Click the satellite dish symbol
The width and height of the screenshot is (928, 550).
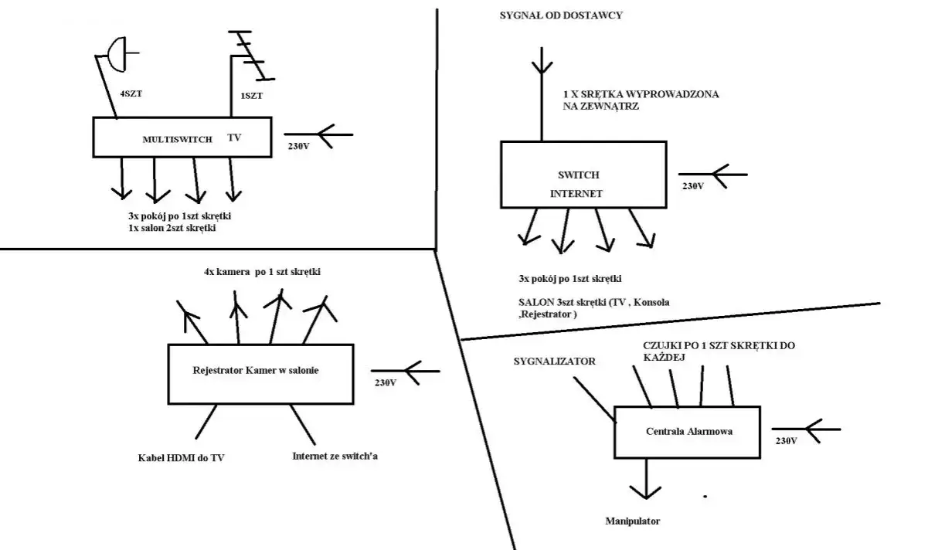tap(117, 53)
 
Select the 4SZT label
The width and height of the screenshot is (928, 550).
tap(131, 93)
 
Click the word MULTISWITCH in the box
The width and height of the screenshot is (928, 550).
tap(171, 139)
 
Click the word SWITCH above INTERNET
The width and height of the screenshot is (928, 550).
tap(578, 175)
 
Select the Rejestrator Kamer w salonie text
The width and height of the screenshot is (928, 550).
tap(256, 371)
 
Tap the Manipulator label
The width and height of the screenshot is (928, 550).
tap(632, 521)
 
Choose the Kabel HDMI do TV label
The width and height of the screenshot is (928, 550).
tap(181, 458)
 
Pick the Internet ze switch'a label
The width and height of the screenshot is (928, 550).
tap(335, 456)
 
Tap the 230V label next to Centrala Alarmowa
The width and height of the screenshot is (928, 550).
tap(785, 440)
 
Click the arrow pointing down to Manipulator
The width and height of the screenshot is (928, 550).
tap(644, 479)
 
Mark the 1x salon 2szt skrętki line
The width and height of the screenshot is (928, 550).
tap(173, 230)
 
